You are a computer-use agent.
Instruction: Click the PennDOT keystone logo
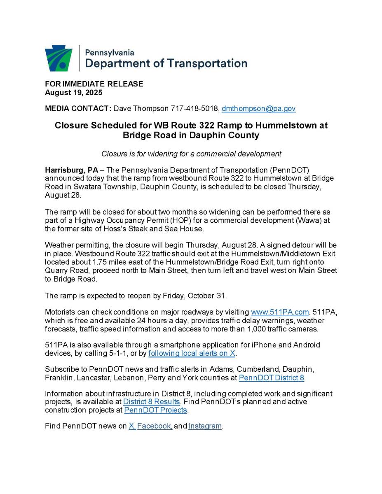tap(59, 58)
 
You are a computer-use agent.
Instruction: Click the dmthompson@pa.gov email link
tap(258, 109)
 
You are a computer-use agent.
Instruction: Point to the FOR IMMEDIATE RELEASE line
tap(94, 84)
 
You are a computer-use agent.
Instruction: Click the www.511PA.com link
tap(280, 312)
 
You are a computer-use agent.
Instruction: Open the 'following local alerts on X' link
tap(192, 353)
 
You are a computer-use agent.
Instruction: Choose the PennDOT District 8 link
tap(272, 377)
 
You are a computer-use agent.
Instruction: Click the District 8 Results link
tap(152, 401)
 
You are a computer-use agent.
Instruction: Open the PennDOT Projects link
tap(156, 410)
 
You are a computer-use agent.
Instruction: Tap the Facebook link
tap(155, 426)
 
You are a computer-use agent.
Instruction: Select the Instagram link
tap(205, 426)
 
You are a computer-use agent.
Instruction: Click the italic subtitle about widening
tap(191, 154)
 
